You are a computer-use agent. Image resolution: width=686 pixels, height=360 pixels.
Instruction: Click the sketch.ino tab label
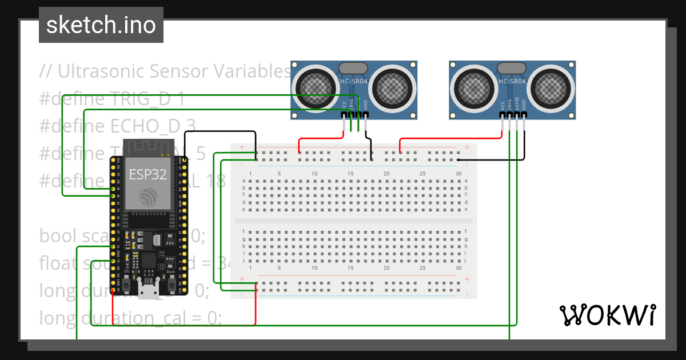pos(101,25)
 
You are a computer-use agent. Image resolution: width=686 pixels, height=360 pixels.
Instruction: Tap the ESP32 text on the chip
pos(148,174)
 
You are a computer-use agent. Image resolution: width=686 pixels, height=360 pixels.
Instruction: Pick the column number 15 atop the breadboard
pos(350,173)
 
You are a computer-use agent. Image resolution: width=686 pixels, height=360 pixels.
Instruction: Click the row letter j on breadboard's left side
pos(244,260)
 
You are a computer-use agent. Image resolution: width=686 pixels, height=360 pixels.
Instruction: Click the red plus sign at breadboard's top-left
pos(242,147)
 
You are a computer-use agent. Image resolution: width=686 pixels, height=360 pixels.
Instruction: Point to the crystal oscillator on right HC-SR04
pos(512,68)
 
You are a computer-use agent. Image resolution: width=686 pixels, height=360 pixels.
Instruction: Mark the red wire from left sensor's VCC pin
pos(320,138)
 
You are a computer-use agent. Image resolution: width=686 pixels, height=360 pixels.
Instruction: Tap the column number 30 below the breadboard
pos(458,267)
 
